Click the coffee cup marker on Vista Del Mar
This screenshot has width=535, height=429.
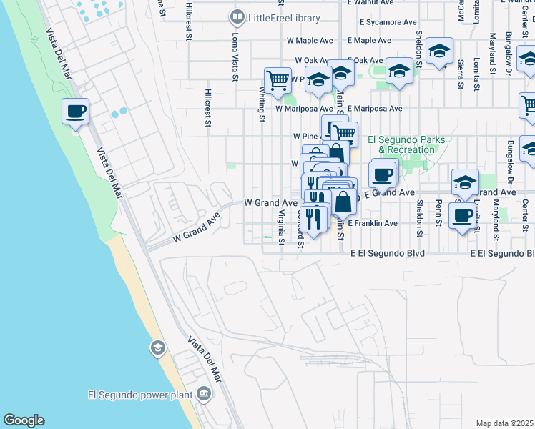(75, 112)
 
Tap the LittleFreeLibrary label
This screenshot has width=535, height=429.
(277, 16)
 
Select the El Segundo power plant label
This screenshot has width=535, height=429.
(140, 394)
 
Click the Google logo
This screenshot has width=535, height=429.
(24, 420)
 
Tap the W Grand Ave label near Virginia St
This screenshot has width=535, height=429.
(270, 203)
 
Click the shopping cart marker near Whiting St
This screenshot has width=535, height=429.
(277, 80)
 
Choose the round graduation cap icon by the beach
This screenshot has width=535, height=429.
(157, 348)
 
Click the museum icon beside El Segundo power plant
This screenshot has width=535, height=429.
(205, 393)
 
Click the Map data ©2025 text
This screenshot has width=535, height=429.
(504, 423)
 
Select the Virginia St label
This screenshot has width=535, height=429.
(282, 227)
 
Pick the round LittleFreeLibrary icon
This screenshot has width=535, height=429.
(237, 16)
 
